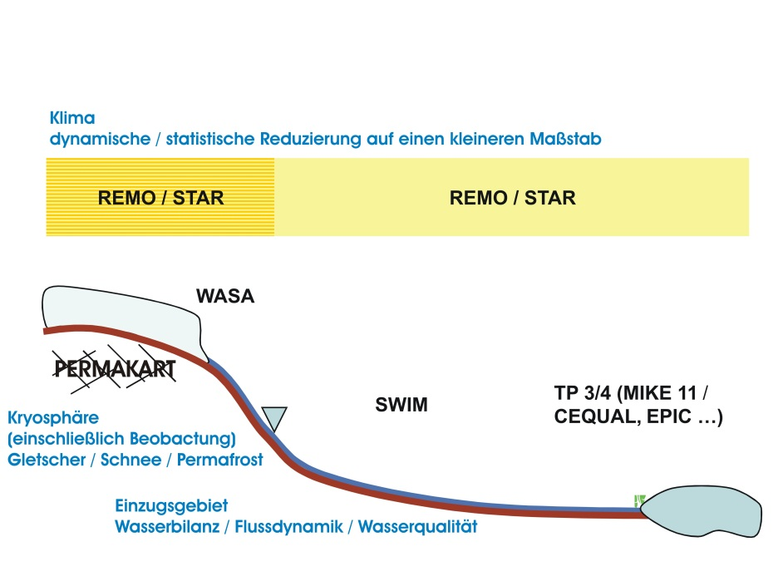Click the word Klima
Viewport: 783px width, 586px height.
pos(72,118)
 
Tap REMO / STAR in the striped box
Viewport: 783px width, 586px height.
pos(160,198)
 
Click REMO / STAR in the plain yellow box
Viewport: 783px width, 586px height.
pos(512,198)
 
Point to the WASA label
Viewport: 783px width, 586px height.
pos(225,296)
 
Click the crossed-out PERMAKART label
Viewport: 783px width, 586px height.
pos(115,369)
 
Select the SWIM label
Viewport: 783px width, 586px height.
pos(401,404)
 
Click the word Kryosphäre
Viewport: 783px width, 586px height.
pos(53,418)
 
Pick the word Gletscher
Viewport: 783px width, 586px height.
pos(47,460)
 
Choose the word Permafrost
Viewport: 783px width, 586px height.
pos(219,460)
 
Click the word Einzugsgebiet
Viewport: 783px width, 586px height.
pos(171,505)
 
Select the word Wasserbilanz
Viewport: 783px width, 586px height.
pos(167,527)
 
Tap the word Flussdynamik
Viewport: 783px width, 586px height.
pos(288,527)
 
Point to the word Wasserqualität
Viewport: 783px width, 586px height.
pos(417,527)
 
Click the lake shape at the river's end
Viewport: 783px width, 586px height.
pos(701,511)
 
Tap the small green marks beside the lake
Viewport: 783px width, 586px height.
pos(639,500)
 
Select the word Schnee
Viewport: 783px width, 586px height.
pos(130,460)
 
